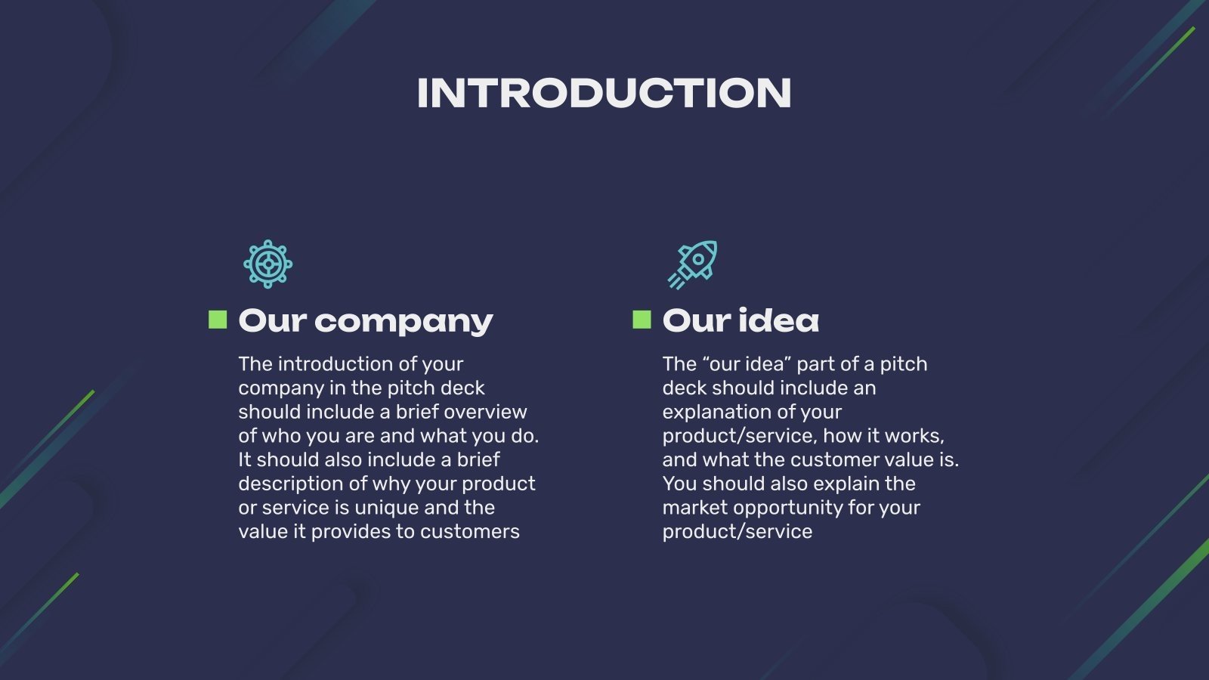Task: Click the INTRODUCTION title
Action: [x=604, y=94]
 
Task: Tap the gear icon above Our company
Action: [x=267, y=264]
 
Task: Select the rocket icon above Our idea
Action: [x=692, y=264]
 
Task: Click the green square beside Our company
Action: [x=218, y=320]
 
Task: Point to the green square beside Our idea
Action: [x=642, y=320]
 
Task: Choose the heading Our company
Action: [x=366, y=321]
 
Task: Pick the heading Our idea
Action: [x=741, y=321]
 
